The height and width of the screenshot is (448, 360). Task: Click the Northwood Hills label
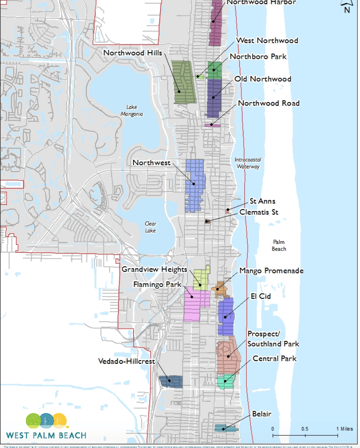[x=132, y=53]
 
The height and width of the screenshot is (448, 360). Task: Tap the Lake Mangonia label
[x=132, y=111]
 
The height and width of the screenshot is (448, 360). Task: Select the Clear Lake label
[x=150, y=227]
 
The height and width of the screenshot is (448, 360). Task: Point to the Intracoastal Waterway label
[x=248, y=163]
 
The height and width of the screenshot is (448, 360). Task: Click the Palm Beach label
[x=279, y=245]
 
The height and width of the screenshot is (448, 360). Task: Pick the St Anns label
[x=262, y=201]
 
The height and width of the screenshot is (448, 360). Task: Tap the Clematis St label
[x=259, y=212]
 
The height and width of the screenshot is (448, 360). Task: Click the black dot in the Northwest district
[x=193, y=184]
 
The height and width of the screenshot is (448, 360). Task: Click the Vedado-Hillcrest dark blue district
[x=170, y=381]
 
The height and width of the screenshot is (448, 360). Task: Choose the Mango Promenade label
[x=271, y=271]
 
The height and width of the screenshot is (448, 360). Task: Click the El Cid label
[x=261, y=296]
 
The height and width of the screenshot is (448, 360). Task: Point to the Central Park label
[x=274, y=358]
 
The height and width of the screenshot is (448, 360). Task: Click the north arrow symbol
[x=346, y=6]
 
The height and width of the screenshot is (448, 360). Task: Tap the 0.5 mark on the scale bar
[x=305, y=429]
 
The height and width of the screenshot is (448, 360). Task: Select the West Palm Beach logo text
[x=46, y=435]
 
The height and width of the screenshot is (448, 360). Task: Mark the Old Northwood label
[x=263, y=78]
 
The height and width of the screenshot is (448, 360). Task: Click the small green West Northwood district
[x=200, y=76]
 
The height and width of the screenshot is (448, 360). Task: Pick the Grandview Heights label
[x=154, y=269]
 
